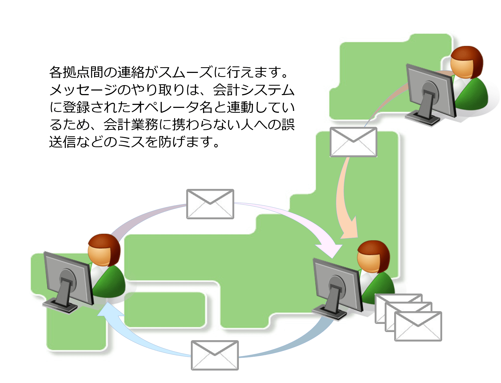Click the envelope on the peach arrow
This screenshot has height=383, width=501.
[353, 142]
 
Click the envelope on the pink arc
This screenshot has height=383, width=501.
[210, 204]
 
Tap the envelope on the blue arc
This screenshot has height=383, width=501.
[215, 355]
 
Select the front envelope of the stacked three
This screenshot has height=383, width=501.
[418, 326]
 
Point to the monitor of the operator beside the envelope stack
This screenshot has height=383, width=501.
[338, 285]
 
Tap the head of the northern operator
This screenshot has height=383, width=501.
[466, 62]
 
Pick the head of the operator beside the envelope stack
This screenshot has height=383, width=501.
[373, 256]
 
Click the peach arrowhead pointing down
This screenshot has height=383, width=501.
[350, 230]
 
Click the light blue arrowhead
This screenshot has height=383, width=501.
[107, 310]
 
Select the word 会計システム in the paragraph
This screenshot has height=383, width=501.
[253, 90]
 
